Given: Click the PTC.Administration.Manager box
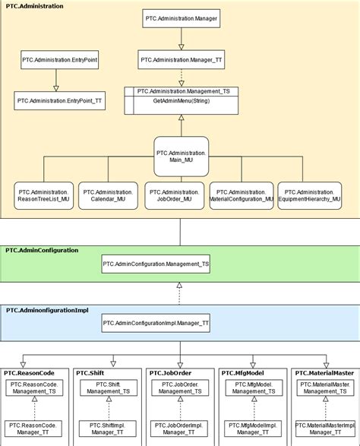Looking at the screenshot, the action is pyautogui.click(x=181, y=18).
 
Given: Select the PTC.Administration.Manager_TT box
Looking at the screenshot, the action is pyautogui.click(x=181, y=60).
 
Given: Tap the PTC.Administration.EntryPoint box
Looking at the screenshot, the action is pyautogui.click(x=60, y=60).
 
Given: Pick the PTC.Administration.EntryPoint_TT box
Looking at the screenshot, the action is pyautogui.click(x=60, y=101).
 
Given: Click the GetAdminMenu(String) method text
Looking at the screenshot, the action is pyautogui.click(x=182, y=101).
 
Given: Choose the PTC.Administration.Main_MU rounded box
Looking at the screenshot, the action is pyautogui.click(x=181, y=157).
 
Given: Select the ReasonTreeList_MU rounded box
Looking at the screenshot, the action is pyautogui.click(x=43, y=196).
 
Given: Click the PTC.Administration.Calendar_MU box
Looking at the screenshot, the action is pyautogui.click(x=108, y=196).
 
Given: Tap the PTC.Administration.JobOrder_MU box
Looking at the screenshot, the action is pyautogui.click(x=175, y=196).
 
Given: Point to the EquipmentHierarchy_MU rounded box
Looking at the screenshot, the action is pyautogui.click(x=309, y=196).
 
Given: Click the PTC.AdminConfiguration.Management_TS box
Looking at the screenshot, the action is pyautogui.click(x=156, y=264).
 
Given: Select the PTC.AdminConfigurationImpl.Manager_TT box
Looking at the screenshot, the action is pyautogui.click(x=156, y=323).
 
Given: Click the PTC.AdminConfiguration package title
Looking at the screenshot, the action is pyautogui.click(x=42, y=250).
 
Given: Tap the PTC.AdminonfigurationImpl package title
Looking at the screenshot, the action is pyautogui.click(x=47, y=310).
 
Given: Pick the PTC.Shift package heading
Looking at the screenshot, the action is pyautogui.click(x=90, y=373).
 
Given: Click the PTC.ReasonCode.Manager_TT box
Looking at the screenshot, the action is pyautogui.click(x=33, y=429).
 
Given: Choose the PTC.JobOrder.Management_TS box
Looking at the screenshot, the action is pyautogui.click(x=180, y=387).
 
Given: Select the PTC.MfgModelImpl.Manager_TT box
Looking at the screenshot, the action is pyautogui.click(x=253, y=429).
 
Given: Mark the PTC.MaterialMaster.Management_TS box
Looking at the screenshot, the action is pyautogui.click(x=326, y=387).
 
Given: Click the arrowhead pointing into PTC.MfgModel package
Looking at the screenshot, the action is pyautogui.click(x=253, y=365).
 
